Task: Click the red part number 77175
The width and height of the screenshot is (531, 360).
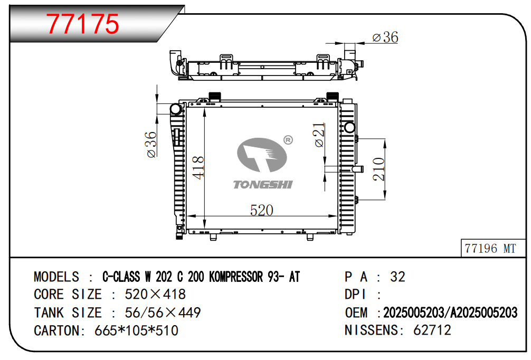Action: pos(83,23)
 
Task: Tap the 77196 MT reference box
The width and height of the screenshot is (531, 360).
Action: pos(492,248)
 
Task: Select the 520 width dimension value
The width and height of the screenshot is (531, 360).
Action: pos(261,210)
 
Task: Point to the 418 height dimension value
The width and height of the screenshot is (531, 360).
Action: pos(198,167)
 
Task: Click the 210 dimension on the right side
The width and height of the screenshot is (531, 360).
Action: pos(378,169)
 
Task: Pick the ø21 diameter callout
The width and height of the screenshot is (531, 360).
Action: pos(319,135)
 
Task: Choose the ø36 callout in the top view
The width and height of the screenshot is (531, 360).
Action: pos(385,37)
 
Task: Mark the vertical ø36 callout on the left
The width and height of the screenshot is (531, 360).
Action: pos(151,145)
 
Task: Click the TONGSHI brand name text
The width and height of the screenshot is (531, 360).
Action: pos(262,185)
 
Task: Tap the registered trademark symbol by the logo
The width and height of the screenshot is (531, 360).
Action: pos(288,139)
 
